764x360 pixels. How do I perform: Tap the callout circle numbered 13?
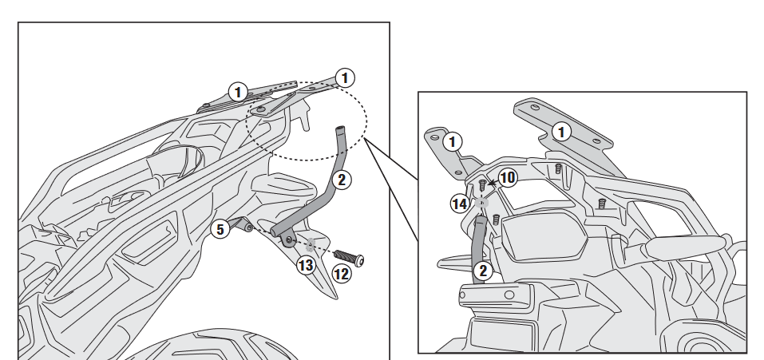pyautogui.click(x=307, y=265)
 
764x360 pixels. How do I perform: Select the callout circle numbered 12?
pyautogui.click(x=342, y=274)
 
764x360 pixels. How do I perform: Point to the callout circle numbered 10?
pyautogui.click(x=509, y=176)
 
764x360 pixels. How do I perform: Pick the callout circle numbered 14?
pyautogui.click(x=459, y=204)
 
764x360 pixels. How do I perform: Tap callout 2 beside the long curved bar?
pyautogui.click(x=341, y=179)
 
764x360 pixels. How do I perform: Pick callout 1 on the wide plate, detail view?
pyautogui.click(x=562, y=132)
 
